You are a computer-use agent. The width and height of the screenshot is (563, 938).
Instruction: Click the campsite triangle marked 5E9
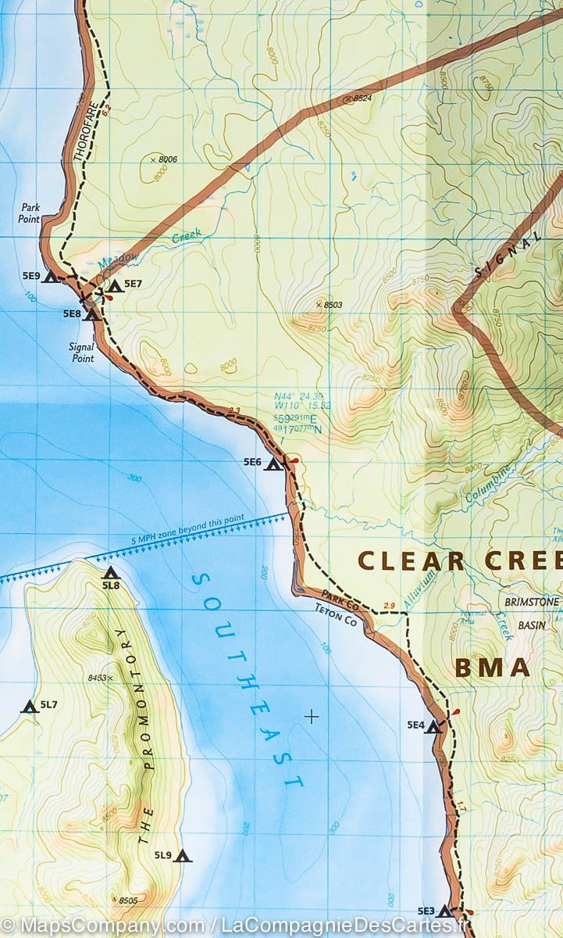(51, 277)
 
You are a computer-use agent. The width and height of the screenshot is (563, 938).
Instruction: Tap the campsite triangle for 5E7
(116, 287)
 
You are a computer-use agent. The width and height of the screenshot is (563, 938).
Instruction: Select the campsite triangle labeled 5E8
(92, 315)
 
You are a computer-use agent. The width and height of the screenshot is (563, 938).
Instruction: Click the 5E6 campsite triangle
(273, 464)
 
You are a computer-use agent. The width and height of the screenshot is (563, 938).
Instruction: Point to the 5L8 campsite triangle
(110, 573)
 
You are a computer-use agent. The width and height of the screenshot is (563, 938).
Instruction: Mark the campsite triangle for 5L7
(30, 707)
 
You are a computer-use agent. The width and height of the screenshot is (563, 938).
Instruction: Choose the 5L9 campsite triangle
(183, 856)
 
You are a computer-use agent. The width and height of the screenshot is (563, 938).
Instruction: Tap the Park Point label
(30, 214)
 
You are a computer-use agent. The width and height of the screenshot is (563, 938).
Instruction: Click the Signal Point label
(82, 353)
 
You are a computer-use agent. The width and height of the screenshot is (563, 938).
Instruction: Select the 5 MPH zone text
(188, 529)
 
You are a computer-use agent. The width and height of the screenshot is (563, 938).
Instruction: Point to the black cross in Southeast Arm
(312, 715)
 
